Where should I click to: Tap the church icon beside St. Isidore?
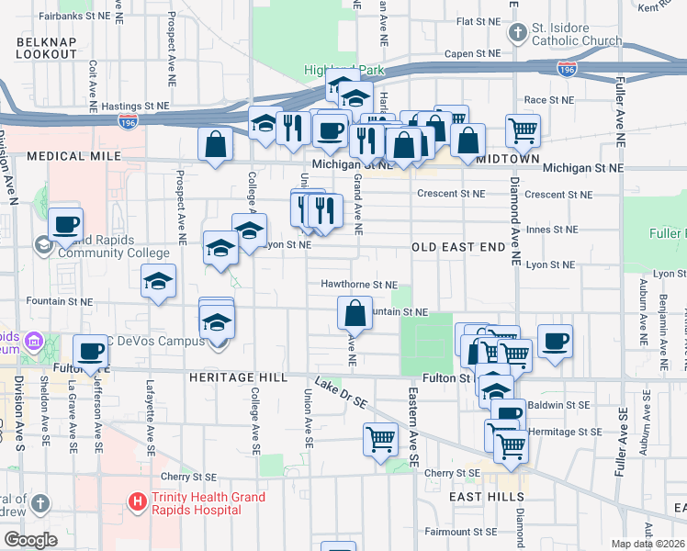click(x=518, y=34)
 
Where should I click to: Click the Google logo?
click(x=29, y=540)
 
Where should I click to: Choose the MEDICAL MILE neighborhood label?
click(x=74, y=157)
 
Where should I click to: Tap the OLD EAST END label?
click(x=458, y=248)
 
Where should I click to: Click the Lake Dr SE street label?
click(x=343, y=392)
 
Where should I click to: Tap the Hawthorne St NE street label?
click(x=359, y=285)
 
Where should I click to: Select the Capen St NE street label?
click(x=472, y=54)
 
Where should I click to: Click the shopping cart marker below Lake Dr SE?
click(x=380, y=439)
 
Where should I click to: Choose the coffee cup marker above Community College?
click(x=66, y=223)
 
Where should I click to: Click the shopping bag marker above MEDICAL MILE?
click(x=215, y=143)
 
